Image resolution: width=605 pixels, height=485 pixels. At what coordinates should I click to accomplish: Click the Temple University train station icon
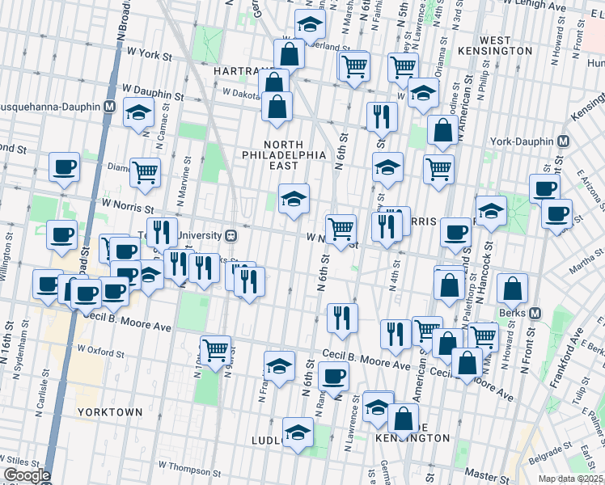[x=231, y=235]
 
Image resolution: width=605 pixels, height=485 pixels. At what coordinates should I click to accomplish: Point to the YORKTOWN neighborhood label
[x=110, y=411]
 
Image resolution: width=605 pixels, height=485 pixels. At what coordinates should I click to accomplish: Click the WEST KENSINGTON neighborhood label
[x=506, y=45]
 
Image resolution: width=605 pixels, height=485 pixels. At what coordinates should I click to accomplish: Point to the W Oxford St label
[x=100, y=352]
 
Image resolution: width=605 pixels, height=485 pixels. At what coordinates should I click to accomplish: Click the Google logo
[x=26, y=475]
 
